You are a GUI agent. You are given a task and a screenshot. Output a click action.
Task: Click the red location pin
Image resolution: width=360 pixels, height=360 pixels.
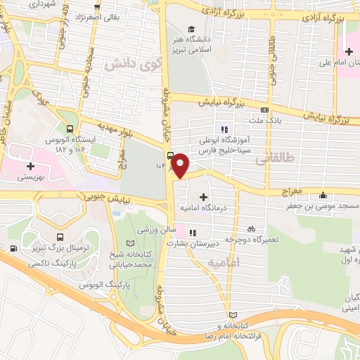[181, 165]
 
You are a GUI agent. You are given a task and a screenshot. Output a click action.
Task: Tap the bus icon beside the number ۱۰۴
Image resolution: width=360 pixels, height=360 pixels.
[170, 155]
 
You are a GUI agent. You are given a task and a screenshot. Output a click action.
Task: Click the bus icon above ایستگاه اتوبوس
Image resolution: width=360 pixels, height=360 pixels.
[69, 129]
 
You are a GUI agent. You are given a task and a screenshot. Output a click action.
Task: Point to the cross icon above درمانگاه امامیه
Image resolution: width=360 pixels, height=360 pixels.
[204, 197]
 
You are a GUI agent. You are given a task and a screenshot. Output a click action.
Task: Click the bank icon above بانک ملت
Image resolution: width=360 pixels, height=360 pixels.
[264, 110]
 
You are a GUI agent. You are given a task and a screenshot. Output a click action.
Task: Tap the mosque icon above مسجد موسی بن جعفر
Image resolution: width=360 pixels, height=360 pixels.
[323, 195]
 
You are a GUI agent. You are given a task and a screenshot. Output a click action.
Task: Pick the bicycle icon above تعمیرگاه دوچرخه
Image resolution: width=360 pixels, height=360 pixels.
[251, 229]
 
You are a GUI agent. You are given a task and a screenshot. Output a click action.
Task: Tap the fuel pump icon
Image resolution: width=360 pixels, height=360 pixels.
[13, 247]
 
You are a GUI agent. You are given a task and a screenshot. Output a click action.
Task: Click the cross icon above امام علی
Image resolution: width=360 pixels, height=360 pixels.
[349, 51]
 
